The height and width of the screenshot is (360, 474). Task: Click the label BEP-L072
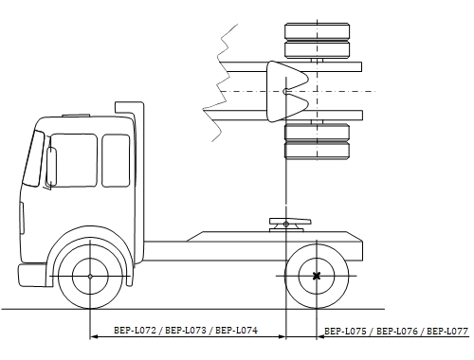[x=135, y=331]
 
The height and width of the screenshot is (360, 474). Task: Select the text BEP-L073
[x=186, y=331]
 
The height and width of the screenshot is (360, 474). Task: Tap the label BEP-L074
[x=236, y=331]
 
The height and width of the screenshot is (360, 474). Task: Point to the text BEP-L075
[x=345, y=332]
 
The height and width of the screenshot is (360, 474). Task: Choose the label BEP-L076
[x=397, y=332]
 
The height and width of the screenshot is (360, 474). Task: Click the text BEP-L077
[x=447, y=332]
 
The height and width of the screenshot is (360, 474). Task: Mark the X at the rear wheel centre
[x=317, y=276]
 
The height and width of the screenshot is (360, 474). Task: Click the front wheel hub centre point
[x=90, y=277]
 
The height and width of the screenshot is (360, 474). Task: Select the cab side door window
[x=73, y=160]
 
